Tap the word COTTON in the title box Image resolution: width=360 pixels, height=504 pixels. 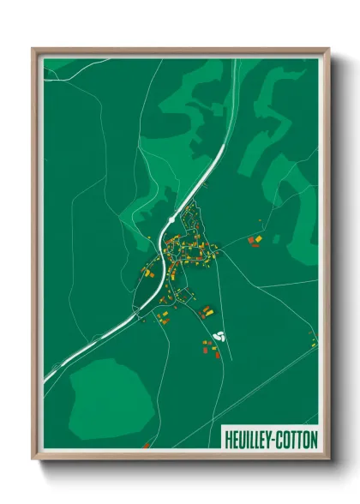point(297,439)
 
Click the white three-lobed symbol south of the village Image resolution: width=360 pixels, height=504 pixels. point(218,335)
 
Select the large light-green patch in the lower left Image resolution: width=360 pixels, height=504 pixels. point(110,395)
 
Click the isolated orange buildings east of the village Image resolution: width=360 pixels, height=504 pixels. point(255,239)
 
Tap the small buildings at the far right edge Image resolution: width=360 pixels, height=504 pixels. point(314,343)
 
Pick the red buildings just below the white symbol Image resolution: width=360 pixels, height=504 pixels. point(209,348)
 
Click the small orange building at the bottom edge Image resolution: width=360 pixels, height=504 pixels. point(147,445)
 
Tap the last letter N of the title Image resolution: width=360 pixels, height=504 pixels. point(314,439)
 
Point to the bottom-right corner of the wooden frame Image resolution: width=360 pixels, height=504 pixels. point(329,459)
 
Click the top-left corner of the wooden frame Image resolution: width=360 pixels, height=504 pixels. point(33,49)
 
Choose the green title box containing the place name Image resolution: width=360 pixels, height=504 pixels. point(271,439)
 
